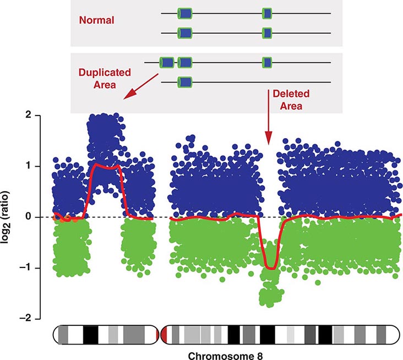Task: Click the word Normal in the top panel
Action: click(x=96, y=20)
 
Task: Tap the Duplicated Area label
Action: click(x=104, y=77)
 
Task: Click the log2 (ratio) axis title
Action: click(x=12, y=217)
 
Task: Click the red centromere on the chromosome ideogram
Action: click(x=163, y=334)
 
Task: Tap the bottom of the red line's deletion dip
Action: click(x=270, y=268)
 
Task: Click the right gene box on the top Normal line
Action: click(x=267, y=13)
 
